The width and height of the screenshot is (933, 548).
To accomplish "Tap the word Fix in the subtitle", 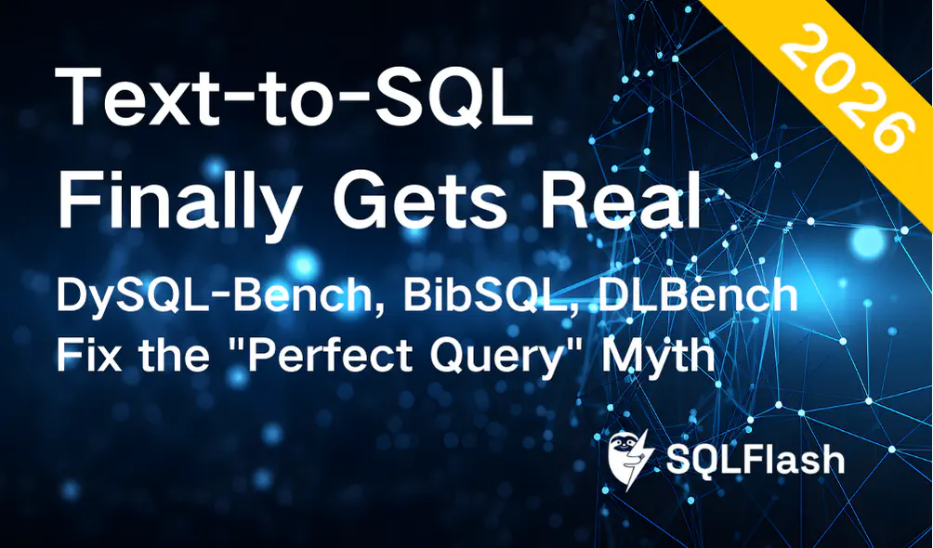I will [x=85, y=356].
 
